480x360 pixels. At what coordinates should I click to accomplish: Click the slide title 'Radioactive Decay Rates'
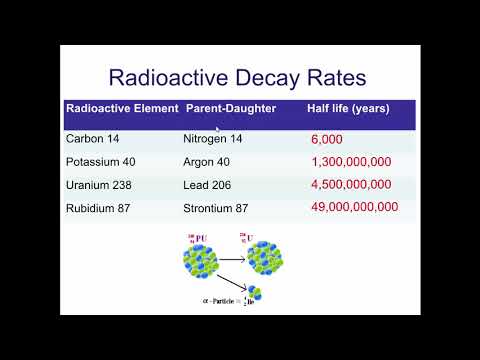[x=240, y=76]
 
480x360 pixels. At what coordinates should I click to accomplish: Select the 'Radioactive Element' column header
[x=121, y=108]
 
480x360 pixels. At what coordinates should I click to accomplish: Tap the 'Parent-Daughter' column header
[x=229, y=108]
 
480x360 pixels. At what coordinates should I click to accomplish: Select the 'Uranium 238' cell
[x=102, y=185]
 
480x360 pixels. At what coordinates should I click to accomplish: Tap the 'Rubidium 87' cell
[x=101, y=208]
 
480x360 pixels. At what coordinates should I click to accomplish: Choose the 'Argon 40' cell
[x=208, y=162]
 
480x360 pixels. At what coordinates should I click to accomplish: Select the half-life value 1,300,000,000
[x=351, y=162]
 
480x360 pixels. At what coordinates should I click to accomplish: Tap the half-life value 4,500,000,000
[x=352, y=185]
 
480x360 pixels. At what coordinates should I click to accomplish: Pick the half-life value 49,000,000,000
[x=355, y=208]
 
